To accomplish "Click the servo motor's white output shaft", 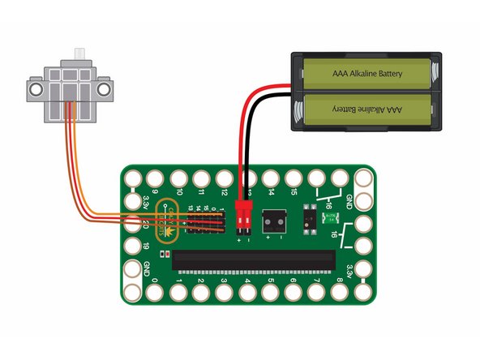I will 79,54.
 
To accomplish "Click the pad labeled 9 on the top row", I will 155,177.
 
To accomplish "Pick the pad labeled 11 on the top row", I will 201,177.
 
